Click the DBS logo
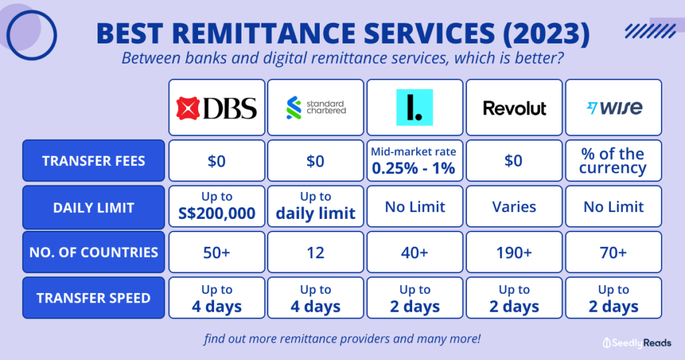[217, 108]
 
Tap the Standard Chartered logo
[316, 108]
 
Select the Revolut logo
[514, 108]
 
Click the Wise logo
[613, 108]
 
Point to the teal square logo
[415, 107]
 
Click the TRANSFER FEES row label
[94, 161]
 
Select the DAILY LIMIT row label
[94, 207]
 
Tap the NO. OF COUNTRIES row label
[94, 252]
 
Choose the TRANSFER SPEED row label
[94, 298]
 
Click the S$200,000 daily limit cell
[217, 207]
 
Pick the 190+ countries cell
[514, 253]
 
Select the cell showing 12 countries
[316, 253]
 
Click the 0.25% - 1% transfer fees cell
[415, 161]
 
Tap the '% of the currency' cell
[613, 161]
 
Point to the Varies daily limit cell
[514, 207]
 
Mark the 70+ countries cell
[613, 253]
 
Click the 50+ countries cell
[217, 253]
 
